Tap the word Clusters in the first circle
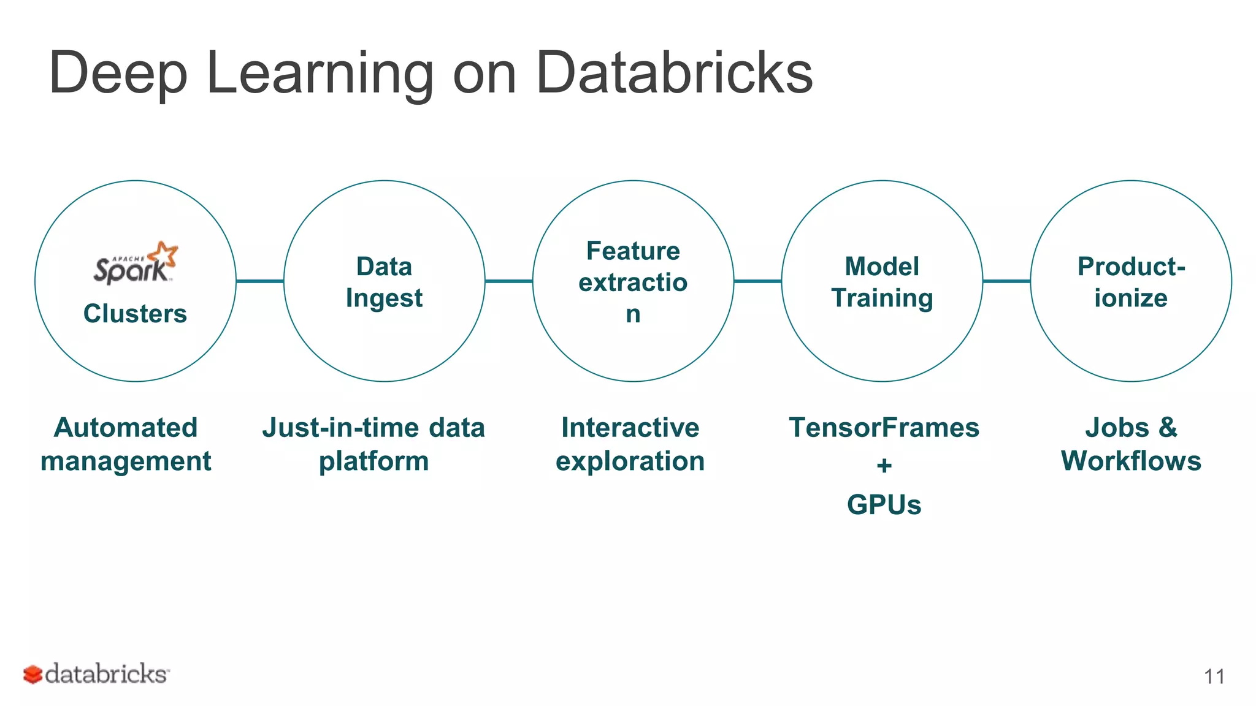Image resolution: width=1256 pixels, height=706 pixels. [135, 314]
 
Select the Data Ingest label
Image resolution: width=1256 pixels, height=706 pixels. [384, 283]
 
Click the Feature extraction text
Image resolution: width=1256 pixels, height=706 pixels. [633, 282]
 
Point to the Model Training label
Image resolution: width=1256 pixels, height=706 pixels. [882, 283]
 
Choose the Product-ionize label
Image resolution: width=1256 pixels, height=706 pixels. [1131, 283]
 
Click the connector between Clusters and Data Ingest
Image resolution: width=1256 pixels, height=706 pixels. [260, 281]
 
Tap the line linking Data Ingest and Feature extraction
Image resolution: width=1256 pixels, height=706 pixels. [509, 281]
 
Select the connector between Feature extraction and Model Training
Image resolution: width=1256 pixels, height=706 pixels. [757, 281]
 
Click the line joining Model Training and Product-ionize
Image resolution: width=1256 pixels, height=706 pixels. [1006, 281]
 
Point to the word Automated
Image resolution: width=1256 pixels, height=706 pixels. [126, 428]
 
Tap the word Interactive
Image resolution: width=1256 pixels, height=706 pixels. [630, 428]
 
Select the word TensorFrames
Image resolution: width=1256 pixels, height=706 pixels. [884, 428]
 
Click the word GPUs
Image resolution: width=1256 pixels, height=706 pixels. [884, 506]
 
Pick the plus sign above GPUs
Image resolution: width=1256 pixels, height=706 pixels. [884, 466]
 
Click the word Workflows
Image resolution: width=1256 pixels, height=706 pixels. [1131, 461]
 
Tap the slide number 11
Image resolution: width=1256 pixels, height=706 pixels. [1214, 677]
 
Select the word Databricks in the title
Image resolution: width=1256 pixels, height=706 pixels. [674, 74]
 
